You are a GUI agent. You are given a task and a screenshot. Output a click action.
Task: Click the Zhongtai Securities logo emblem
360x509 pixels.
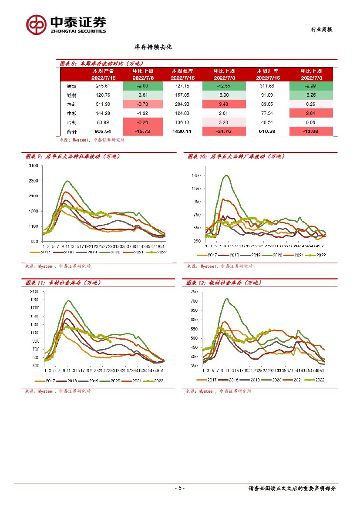coord(36,24)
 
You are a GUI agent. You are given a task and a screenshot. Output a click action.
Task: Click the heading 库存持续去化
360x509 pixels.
coord(153,47)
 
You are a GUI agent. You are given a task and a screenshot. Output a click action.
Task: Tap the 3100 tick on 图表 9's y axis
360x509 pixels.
coord(33,166)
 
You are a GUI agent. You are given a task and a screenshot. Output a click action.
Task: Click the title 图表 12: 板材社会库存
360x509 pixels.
coord(224,283)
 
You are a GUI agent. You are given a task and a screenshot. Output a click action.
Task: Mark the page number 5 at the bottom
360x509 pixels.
coord(180,488)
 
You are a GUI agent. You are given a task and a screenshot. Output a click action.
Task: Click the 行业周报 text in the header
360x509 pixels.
coord(321,30)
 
